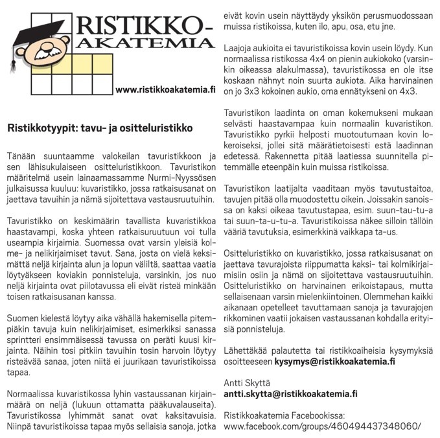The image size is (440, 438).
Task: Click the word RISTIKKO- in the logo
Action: coord(144,24)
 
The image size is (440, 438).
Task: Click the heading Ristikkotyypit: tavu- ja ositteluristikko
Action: coord(100,128)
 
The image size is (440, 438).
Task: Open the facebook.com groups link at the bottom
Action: coord(321,426)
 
